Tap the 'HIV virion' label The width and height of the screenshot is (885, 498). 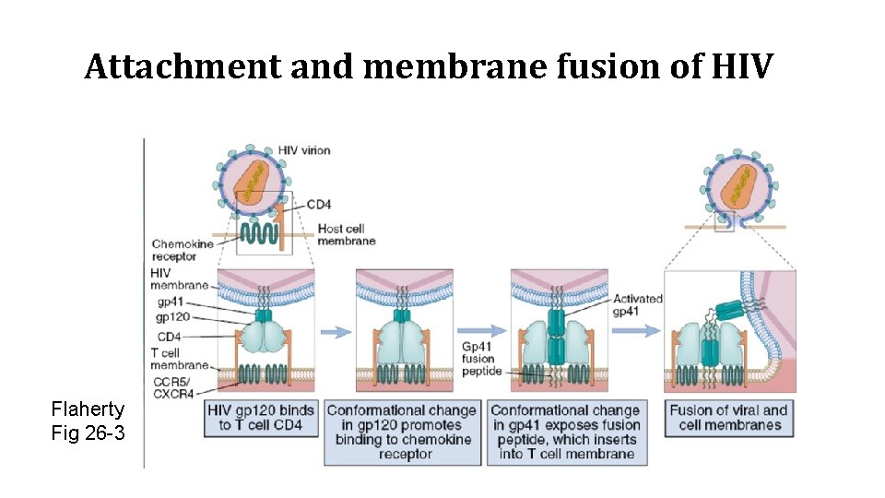(303, 150)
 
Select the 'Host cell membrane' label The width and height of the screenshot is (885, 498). (347, 235)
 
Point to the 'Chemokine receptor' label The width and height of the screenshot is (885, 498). (183, 250)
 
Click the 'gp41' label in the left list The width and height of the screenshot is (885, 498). (169, 301)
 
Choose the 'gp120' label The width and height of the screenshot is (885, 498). (171, 316)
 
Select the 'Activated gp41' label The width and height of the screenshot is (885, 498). (637, 304)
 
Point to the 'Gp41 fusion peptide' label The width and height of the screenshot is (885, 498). (478, 359)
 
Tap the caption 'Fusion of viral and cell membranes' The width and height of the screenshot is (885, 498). (729, 418)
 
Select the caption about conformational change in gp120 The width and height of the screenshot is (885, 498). (402, 433)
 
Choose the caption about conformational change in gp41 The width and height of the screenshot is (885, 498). (565, 433)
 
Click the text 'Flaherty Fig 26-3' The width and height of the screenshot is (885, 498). (88, 421)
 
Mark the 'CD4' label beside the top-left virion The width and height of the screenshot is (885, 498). (318, 204)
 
